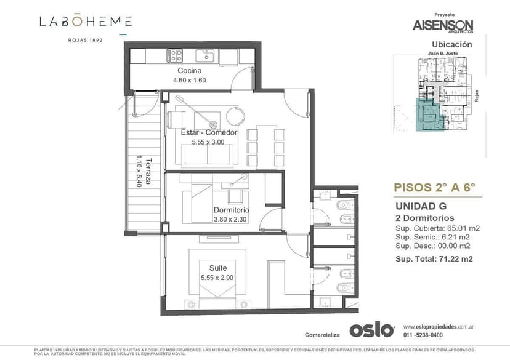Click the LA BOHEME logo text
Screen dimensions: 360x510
tap(86, 22)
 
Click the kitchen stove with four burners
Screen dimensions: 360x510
tap(175, 56)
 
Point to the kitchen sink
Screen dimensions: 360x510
tap(204, 56)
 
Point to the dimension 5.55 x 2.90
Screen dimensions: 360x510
tap(217, 278)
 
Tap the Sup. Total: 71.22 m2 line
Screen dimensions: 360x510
tap(434, 259)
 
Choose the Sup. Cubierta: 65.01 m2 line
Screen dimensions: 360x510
tap(434, 228)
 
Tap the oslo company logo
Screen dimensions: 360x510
tap(371, 330)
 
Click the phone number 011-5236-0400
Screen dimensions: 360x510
tap(423, 335)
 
